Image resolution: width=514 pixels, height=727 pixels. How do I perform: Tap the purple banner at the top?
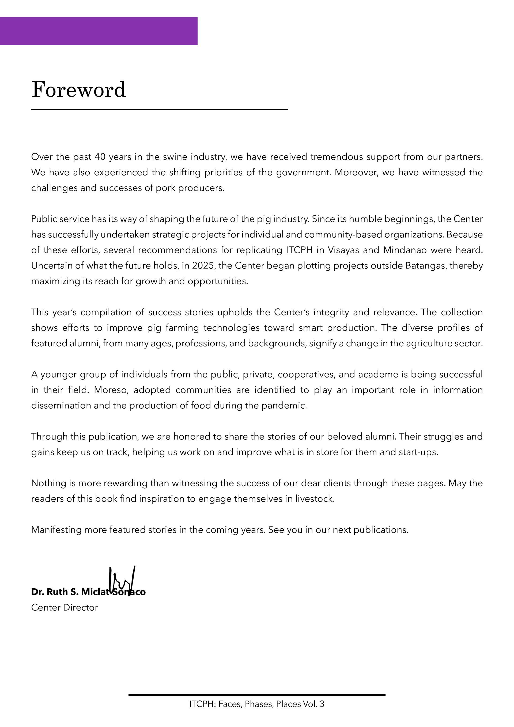pos(99,31)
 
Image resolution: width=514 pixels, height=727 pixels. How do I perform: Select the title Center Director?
pos(65,607)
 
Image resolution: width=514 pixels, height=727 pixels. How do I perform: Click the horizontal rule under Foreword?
pos(159,109)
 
